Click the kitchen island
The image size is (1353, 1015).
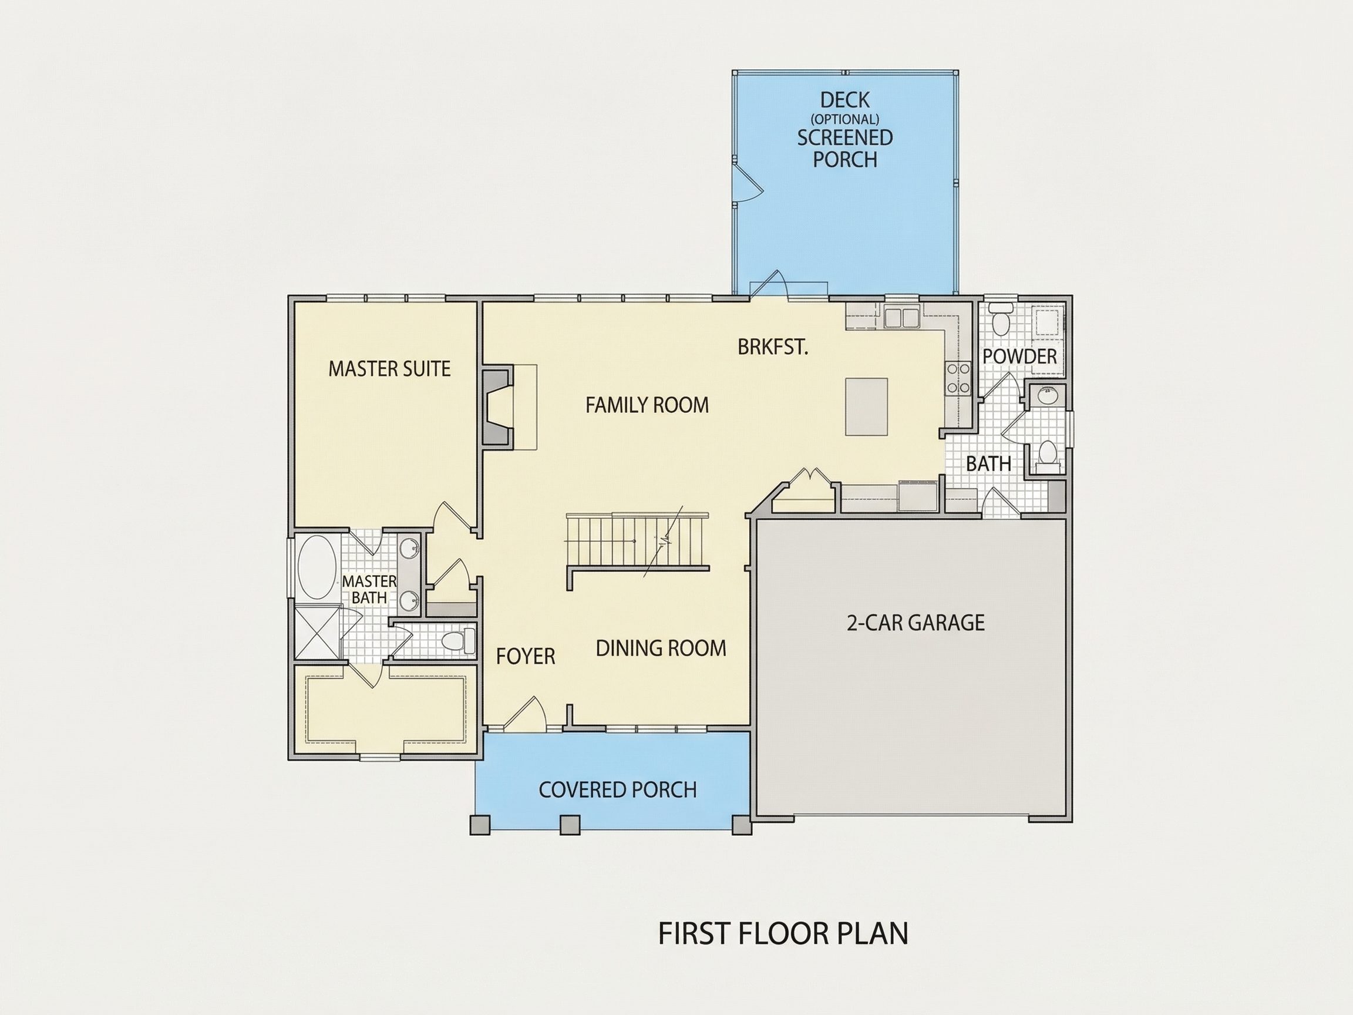[866, 407]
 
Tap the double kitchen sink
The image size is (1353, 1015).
[901, 318]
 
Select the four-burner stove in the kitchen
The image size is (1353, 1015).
[958, 378]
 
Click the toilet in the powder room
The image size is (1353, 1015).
[1001, 319]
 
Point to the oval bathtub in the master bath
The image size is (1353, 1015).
[317, 567]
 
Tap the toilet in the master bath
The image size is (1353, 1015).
[458, 641]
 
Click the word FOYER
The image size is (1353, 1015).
[526, 657]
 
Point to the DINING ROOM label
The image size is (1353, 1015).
[661, 648]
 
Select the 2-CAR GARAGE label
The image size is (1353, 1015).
[916, 623]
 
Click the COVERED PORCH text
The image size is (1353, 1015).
[618, 790]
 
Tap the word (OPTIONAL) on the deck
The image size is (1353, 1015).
[844, 119]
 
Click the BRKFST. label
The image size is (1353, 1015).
[773, 347]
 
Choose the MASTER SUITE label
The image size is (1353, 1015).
[389, 368]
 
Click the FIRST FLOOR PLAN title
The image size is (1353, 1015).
[783, 933]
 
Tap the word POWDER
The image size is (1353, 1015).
[1019, 356]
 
